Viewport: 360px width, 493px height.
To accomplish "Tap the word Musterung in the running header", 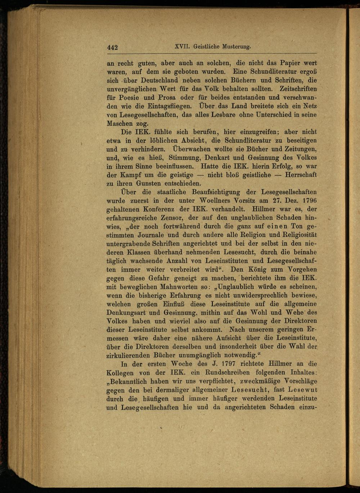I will (x=237, y=46).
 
